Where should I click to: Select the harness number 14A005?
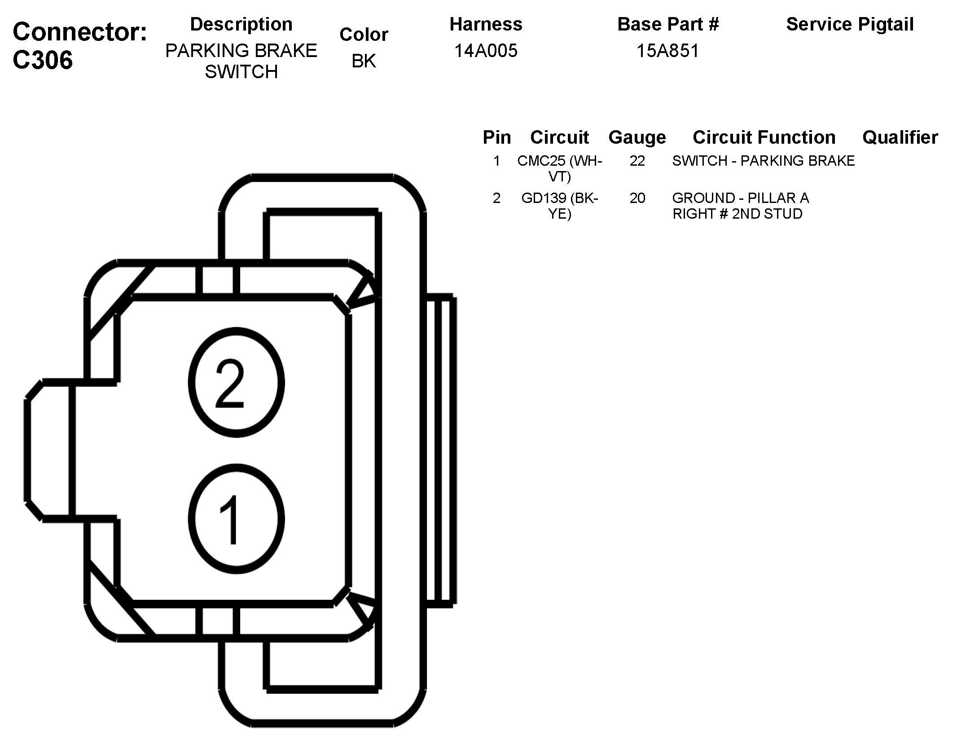(x=486, y=51)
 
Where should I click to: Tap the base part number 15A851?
(x=667, y=51)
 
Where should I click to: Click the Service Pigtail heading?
(x=850, y=24)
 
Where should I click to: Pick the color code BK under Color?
(x=364, y=61)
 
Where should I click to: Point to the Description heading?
(x=241, y=24)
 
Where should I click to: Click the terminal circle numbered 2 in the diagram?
(x=236, y=383)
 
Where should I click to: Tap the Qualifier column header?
(x=900, y=137)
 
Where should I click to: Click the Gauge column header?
(x=637, y=137)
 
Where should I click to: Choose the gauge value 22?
(x=637, y=161)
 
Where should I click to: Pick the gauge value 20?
(x=637, y=198)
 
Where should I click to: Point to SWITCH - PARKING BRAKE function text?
(x=763, y=161)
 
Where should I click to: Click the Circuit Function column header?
(x=764, y=137)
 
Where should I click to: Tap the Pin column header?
(x=496, y=137)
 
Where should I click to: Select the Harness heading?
(x=486, y=24)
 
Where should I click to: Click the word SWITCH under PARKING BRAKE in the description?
(x=241, y=72)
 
